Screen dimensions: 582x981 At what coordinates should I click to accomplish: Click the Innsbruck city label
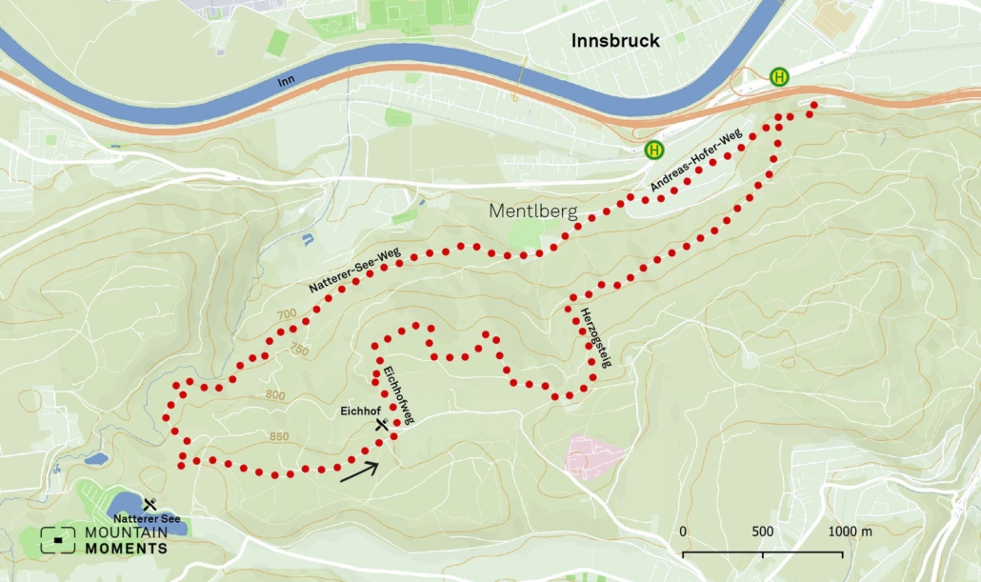pos(615,40)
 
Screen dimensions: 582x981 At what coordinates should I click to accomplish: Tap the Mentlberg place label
pos(533,211)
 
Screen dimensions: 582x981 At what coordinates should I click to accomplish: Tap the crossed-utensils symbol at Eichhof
pos(382,426)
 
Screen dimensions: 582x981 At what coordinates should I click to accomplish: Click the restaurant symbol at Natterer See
pos(150,503)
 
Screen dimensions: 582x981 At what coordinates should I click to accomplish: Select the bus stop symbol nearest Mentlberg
pos(654,150)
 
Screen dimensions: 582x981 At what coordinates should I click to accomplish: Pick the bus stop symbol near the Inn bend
pos(779,76)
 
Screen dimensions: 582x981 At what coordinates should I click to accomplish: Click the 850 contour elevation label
pos(279,436)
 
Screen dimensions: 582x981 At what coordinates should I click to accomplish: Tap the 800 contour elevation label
pos(275,394)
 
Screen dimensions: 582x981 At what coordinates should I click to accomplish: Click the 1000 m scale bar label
pos(850,531)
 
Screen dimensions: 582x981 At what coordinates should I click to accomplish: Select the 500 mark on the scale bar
pos(762,531)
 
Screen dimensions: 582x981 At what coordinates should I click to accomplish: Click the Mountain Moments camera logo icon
pos(57,540)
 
